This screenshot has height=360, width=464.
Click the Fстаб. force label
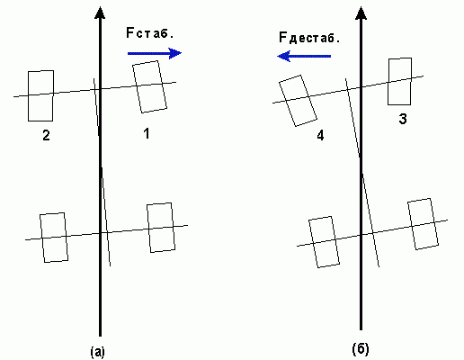150,32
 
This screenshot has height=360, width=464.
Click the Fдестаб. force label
309,38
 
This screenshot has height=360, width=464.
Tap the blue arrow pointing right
155,53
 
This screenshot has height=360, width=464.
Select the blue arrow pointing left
304,56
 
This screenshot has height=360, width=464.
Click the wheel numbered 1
149,86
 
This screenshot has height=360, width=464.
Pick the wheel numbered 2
40,95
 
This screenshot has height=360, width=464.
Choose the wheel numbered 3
400,81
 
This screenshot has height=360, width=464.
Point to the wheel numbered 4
298,101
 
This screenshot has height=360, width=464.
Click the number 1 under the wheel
146,133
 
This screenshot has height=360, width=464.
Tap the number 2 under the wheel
46,135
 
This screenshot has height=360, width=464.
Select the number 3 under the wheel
403,119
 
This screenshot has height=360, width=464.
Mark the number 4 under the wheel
320,136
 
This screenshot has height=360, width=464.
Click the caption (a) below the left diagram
98,352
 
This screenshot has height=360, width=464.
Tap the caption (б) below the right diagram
361,349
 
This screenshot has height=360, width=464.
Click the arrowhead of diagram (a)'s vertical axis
100,13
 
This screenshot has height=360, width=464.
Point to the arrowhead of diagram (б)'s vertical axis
361,13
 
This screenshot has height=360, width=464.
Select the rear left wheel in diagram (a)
54,238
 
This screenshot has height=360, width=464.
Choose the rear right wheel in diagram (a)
161,228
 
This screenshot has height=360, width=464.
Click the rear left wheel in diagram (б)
324,242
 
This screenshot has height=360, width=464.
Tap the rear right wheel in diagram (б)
423,224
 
